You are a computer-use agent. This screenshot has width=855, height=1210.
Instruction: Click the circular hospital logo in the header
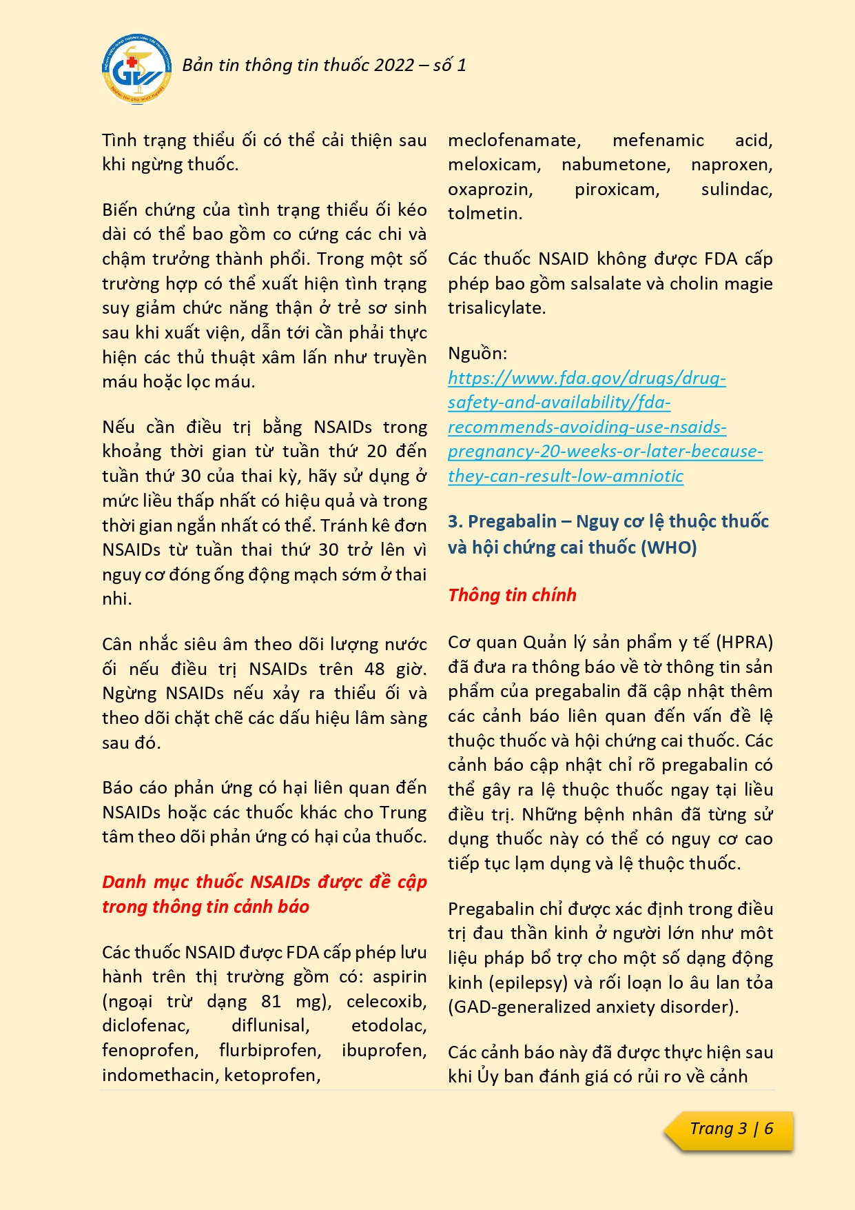(135, 70)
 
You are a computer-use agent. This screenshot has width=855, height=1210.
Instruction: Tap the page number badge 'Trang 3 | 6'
(731, 1129)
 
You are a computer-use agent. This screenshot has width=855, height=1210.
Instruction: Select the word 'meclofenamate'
(514, 141)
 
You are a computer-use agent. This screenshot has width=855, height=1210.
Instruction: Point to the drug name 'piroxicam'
(617, 190)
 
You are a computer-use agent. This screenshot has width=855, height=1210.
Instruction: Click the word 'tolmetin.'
(485, 214)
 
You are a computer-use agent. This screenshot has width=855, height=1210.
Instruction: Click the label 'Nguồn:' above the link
(477, 354)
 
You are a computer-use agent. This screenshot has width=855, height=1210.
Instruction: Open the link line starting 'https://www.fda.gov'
(586, 378)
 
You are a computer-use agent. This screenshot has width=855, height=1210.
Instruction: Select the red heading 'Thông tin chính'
(512, 596)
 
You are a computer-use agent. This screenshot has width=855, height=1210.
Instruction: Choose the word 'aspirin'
(400, 977)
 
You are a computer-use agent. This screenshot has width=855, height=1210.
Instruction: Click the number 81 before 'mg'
(271, 1002)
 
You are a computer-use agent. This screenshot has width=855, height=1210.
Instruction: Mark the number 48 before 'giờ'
(375, 669)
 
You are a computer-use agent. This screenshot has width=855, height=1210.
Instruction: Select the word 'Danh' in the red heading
(124, 883)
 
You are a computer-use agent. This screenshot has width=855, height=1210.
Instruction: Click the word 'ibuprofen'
(384, 1051)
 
